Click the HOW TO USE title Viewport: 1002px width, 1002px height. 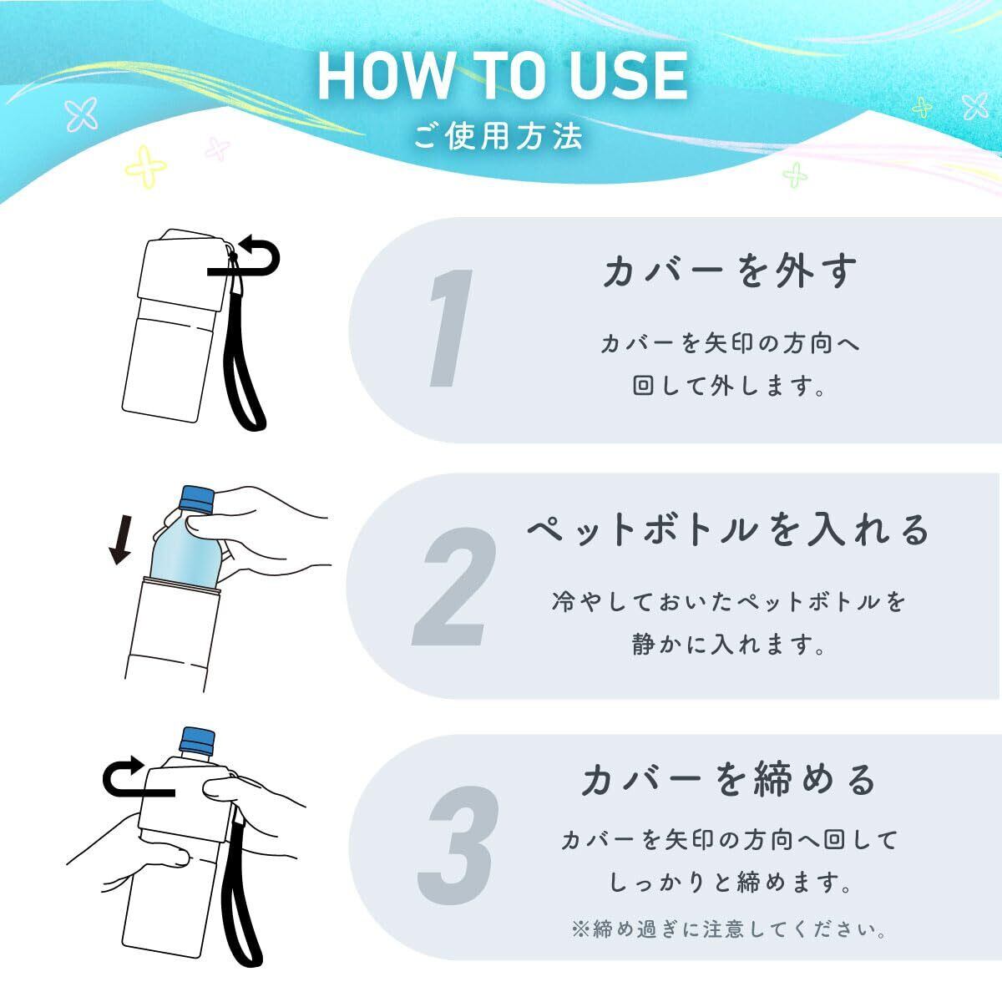point(503,76)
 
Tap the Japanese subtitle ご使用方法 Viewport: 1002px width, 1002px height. point(498,137)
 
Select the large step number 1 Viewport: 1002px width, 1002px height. point(450,328)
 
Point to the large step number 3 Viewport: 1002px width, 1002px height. point(458,846)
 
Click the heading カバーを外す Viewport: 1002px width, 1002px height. point(730,271)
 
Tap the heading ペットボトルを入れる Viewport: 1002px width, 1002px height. point(728,529)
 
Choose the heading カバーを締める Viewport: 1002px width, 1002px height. point(728,780)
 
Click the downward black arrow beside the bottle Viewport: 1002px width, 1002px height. point(120,539)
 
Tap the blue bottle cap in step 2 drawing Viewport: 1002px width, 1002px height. point(197,498)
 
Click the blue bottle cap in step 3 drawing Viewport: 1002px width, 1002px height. point(197,741)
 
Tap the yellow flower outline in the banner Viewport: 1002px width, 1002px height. point(146,166)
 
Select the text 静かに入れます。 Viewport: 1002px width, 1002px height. point(728,645)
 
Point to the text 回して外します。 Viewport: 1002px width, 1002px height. point(728,387)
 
